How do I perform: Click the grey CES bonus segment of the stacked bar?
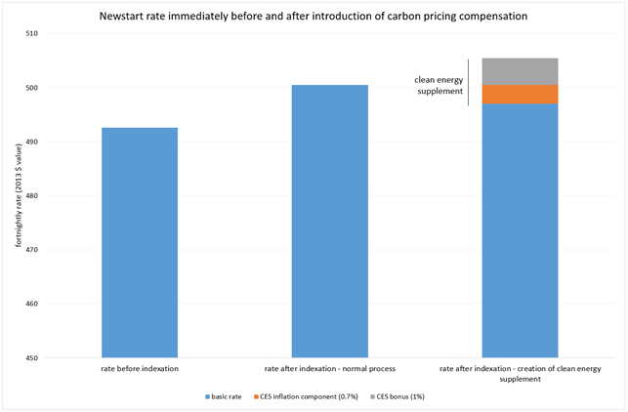click(521, 71)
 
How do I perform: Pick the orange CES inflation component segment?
click(521, 94)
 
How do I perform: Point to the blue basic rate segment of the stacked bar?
click(521, 229)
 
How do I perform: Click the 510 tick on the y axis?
click(33, 34)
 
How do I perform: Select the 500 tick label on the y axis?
click(33, 88)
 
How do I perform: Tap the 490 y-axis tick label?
click(33, 142)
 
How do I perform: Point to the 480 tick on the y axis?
click(33, 196)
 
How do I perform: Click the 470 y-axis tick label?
click(33, 250)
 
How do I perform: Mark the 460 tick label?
click(33, 304)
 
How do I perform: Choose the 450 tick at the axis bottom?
click(33, 357)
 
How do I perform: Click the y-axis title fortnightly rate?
click(17, 196)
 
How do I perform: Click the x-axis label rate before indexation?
click(139, 369)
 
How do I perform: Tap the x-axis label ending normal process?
click(330, 369)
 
